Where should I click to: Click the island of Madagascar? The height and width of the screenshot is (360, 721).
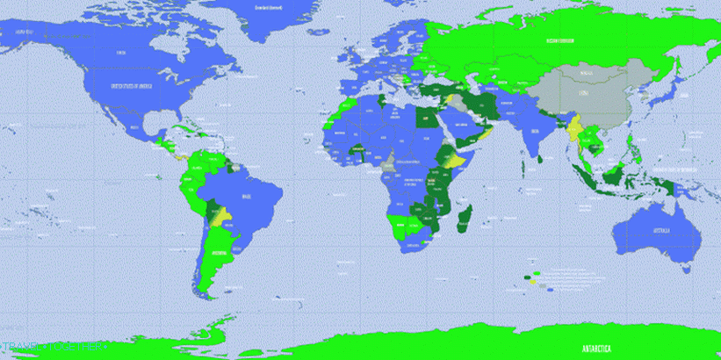tap(465, 216)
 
